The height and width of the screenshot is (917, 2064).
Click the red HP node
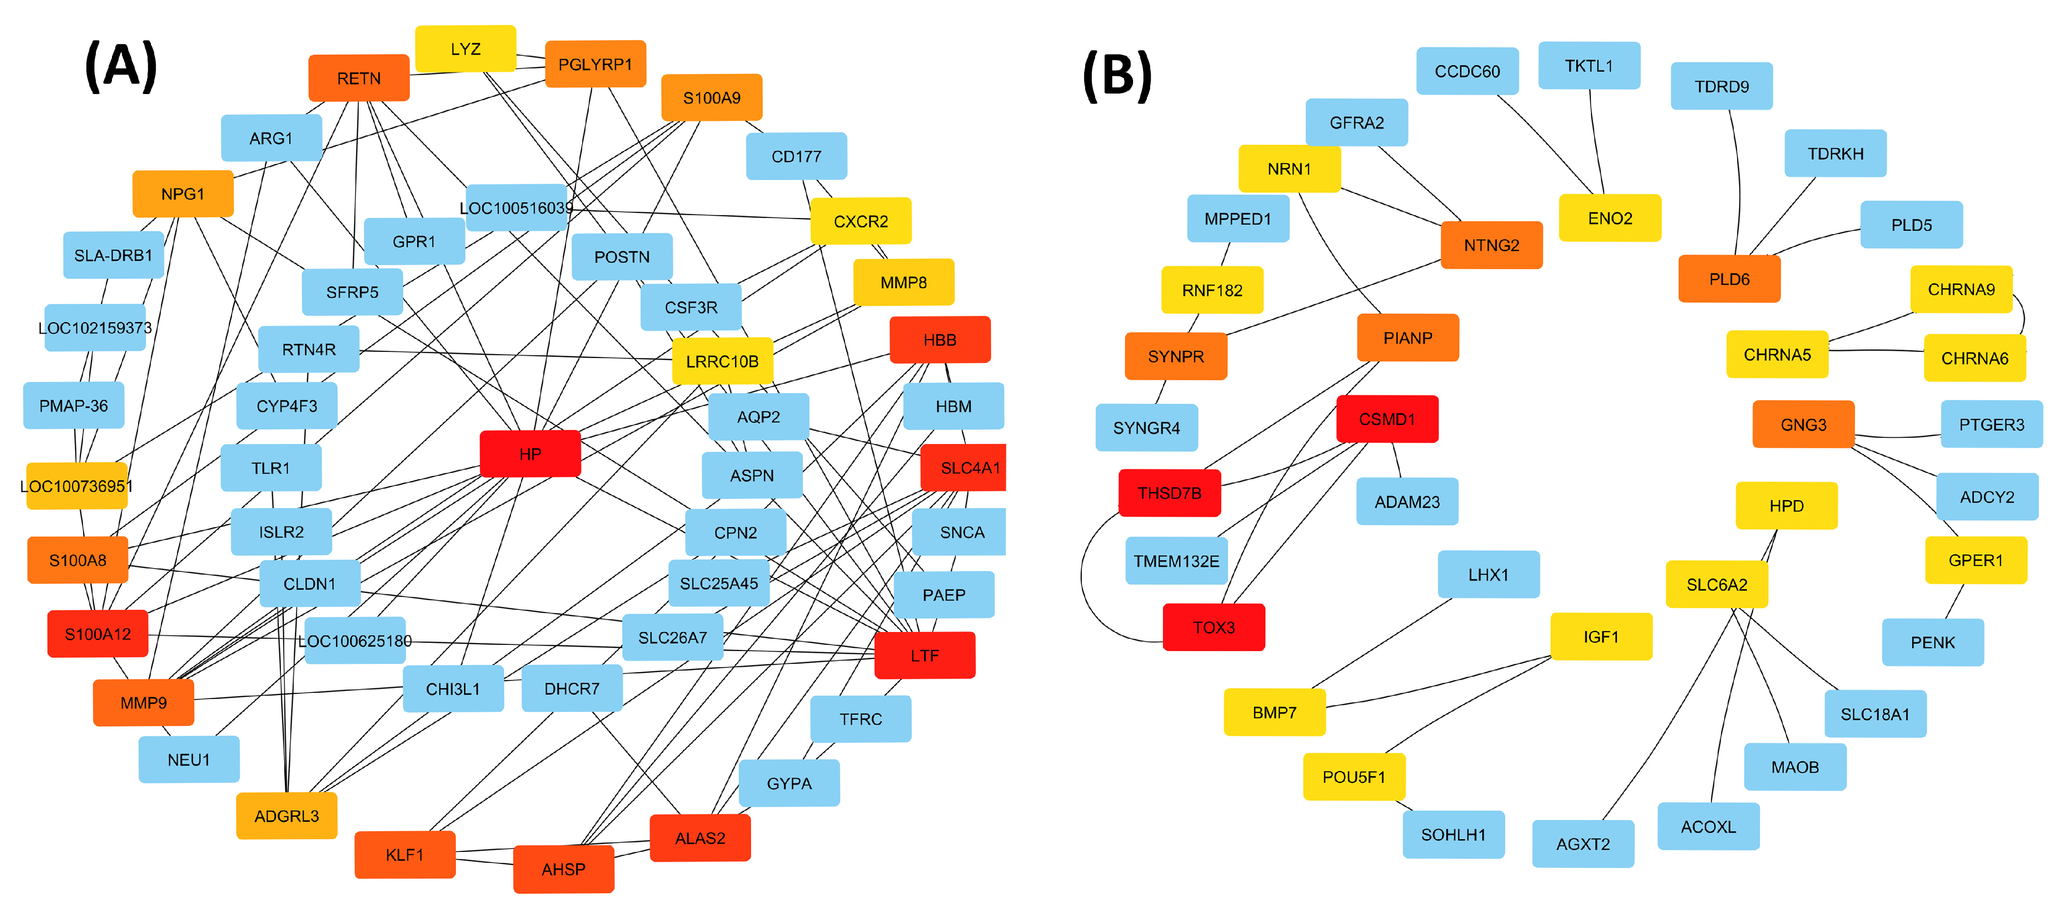tap(530, 454)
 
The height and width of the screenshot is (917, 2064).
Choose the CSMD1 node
tap(1387, 418)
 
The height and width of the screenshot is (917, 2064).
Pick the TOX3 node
tap(1213, 627)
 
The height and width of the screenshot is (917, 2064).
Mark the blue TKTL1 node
tap(1589, 66)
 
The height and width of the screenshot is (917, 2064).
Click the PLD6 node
tap(1729, 279)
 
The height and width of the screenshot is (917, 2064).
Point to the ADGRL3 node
tap(286, 816)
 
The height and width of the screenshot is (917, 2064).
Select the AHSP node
tap(563, 869)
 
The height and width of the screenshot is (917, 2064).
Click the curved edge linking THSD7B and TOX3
tap(1082, 577)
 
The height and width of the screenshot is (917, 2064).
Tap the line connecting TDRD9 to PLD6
tap(1739, 184)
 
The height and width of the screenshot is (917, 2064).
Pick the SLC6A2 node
tap(1716, 585)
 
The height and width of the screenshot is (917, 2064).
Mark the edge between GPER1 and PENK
tap(1954, 601)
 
